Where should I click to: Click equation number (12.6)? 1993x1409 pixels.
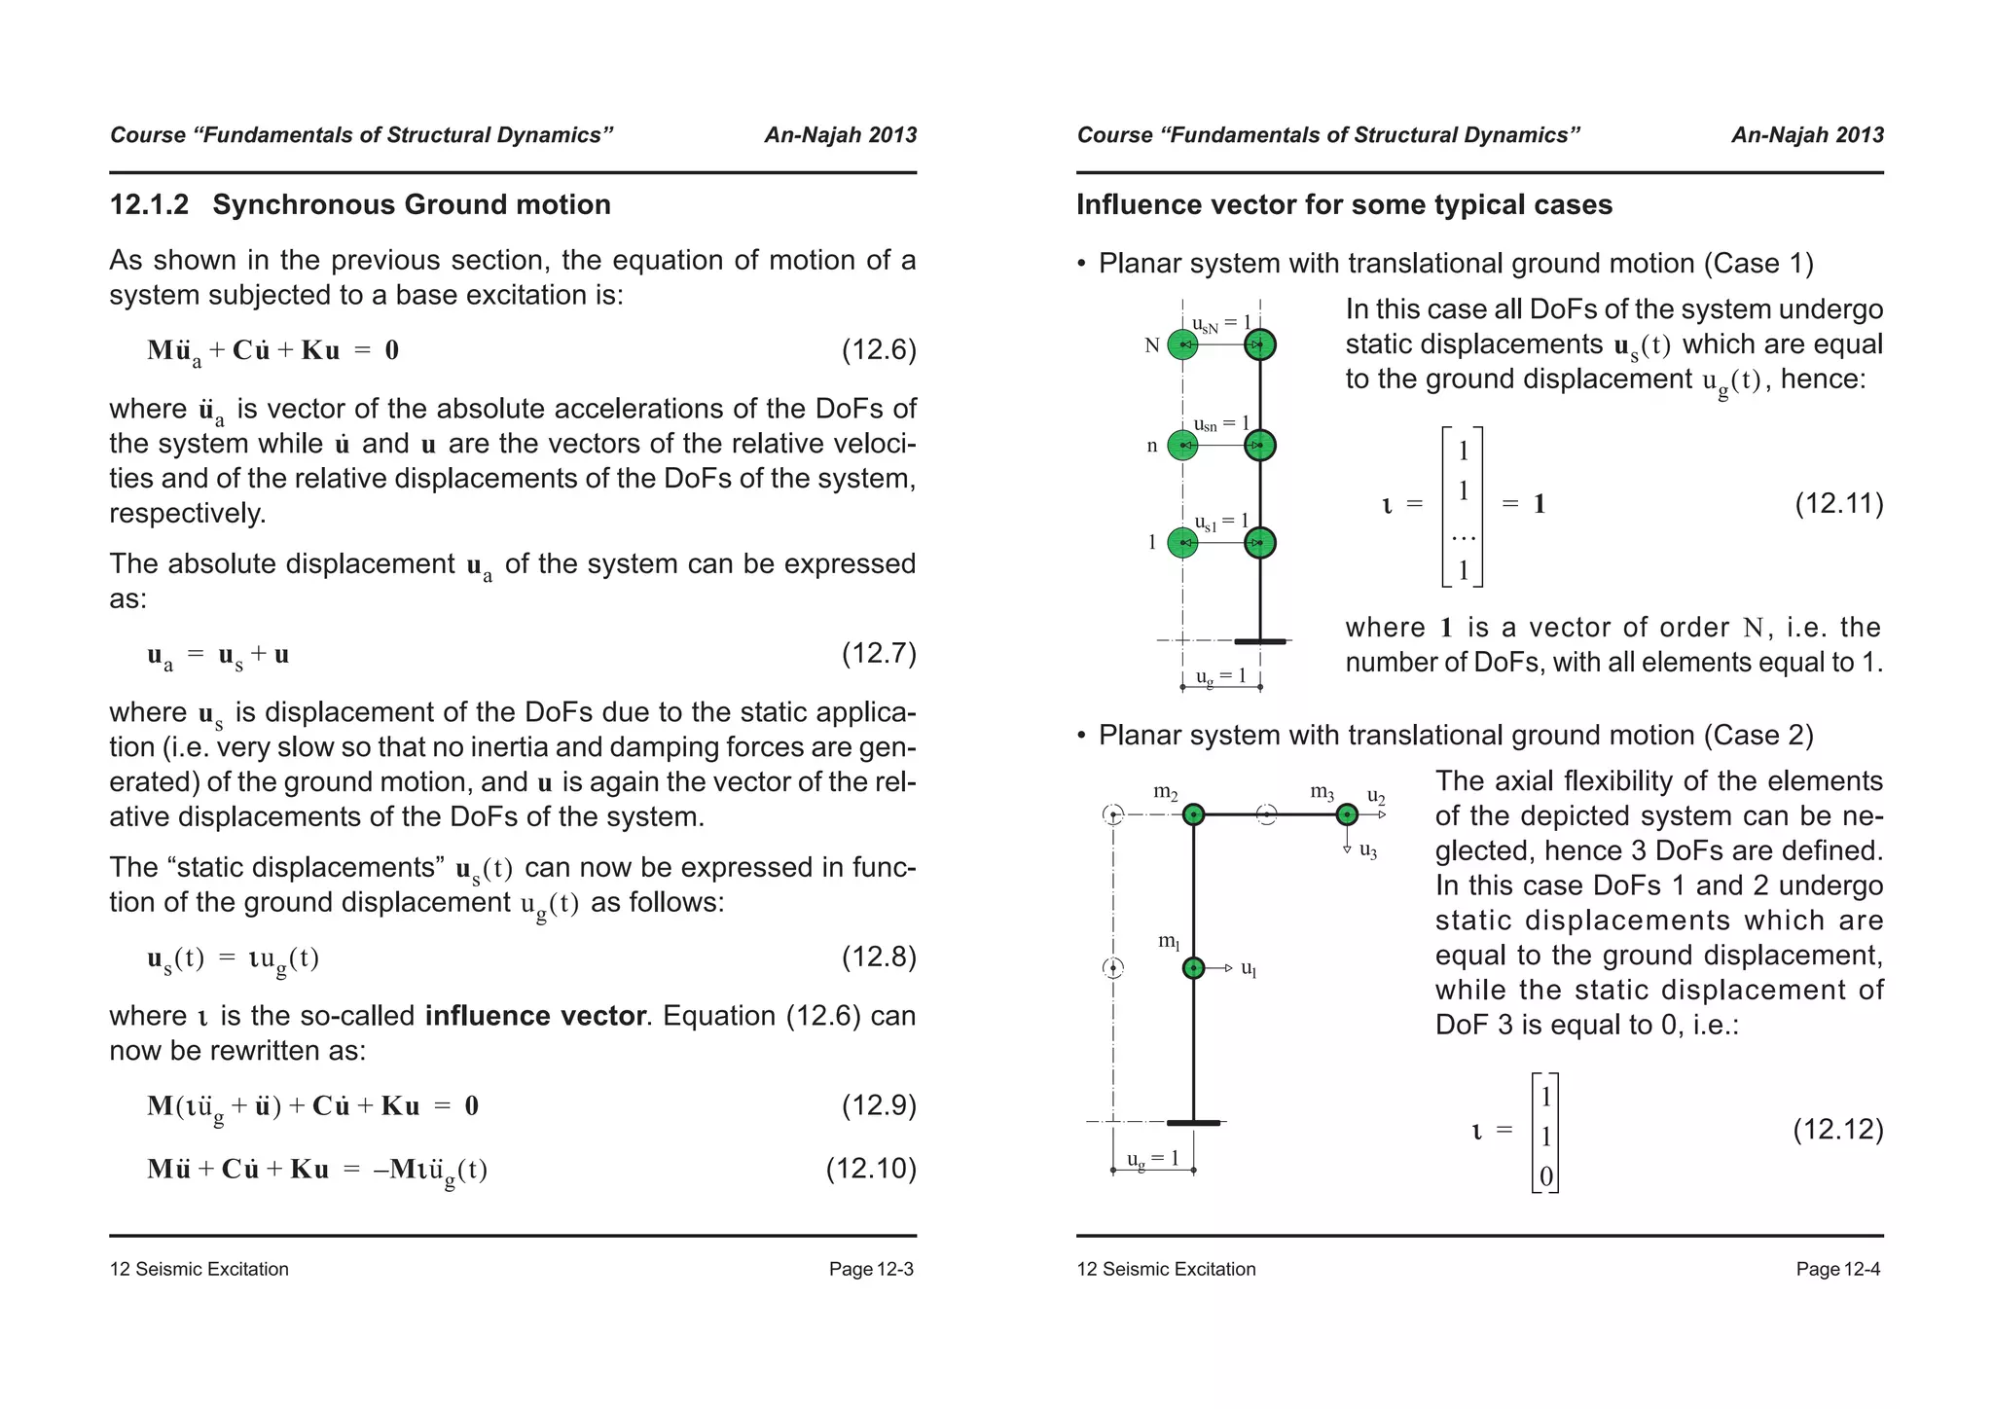(878, 350)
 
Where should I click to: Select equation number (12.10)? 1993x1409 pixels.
(870, 1169)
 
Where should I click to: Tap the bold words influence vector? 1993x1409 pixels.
(535, 1016)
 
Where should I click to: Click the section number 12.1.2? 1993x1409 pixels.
(149, 205)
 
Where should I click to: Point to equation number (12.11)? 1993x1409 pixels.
(1838, 504)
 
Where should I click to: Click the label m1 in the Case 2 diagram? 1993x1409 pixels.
(1169, 941)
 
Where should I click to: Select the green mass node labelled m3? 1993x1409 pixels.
(1347, 814)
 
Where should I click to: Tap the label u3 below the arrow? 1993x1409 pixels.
(1368, 851)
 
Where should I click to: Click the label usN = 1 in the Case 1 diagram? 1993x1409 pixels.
(1221, 323)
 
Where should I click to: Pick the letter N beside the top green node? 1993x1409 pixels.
(1152, 345)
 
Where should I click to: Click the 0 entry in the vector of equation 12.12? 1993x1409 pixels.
(1545, 1177)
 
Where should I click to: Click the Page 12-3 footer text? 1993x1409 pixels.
(871, 1269)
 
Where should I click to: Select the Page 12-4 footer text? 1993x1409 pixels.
(1838, 1269)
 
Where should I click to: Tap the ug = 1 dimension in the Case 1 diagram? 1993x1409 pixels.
(1220, 675)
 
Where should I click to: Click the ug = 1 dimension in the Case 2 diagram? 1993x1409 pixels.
(1152, 1158)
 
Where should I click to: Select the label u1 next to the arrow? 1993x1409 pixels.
(1250, 970)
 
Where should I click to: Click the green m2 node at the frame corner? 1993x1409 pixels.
(1194, 814)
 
